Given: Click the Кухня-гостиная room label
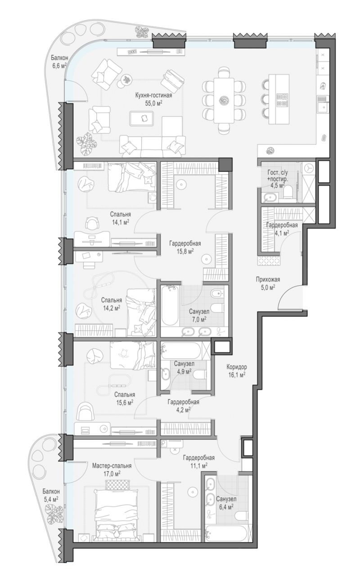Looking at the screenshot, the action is (153, 96).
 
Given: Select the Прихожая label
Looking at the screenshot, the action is (268, 280).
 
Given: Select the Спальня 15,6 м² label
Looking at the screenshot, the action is (125, 398).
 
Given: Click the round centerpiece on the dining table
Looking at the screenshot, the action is (224, 100).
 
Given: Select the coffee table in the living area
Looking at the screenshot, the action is (142, 118).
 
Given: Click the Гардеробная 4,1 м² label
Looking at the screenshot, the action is (282, 229).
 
